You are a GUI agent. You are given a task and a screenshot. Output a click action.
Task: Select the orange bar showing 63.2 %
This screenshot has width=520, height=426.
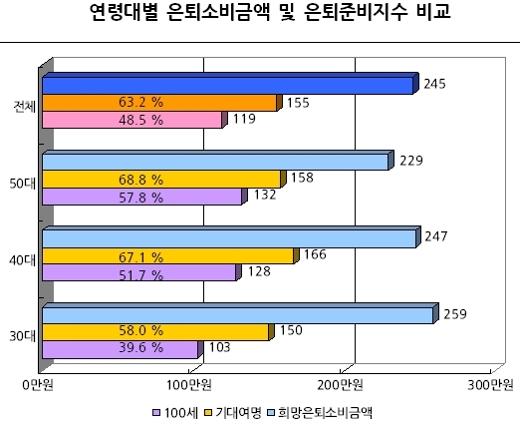point(162,103)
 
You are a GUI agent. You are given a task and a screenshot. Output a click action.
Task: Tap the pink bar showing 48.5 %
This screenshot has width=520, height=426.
point(134,120)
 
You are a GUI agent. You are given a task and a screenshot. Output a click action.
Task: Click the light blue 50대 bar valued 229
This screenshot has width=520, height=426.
point(218,161)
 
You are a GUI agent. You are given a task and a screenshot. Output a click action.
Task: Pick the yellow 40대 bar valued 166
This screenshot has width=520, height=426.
point(170,256)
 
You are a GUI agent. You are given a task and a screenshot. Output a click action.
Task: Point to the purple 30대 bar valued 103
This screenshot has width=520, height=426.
point(123,349)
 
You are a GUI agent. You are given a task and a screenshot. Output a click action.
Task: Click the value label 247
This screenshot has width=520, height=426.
point(436,236)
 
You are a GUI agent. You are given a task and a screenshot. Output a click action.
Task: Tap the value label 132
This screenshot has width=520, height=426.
point(265,195)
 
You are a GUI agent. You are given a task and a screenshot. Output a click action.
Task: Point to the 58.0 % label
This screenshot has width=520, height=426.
point(140,330)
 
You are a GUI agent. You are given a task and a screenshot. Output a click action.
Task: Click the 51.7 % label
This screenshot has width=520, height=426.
point(140,275)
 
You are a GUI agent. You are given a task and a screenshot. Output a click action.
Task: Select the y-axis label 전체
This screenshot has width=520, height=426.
point(24,107)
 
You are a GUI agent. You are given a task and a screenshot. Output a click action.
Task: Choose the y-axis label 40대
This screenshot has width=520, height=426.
point(22,260)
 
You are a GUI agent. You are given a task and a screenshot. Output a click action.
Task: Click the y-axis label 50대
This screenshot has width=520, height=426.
point(22,184)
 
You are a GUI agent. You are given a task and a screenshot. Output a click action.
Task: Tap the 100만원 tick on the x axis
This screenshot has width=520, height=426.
point(189,385)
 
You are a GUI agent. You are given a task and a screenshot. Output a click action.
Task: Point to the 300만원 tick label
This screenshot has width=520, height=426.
point(491,385)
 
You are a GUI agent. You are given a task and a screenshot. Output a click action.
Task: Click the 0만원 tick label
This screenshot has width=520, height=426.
point(38,385)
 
